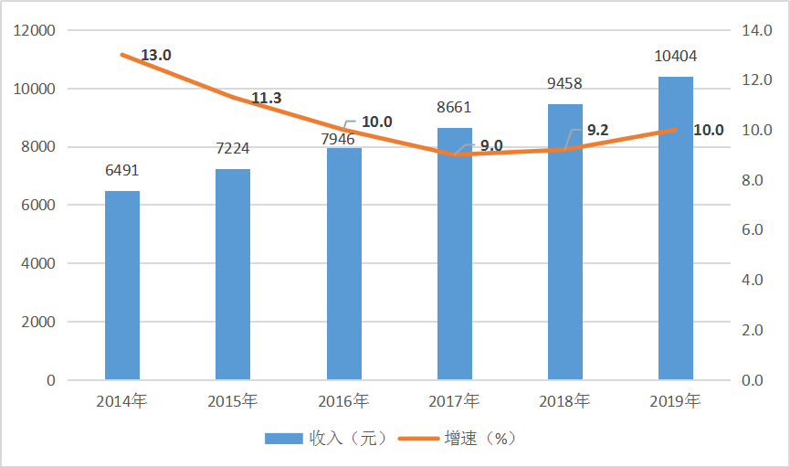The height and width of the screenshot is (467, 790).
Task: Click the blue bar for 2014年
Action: coord(122,285)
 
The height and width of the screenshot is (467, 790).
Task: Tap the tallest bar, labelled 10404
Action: coord(676,228)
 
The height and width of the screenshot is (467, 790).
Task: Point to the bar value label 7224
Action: coord(233,148)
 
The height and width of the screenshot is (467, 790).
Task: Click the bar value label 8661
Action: coord(454,108)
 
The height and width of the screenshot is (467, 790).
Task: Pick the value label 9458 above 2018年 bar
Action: coord(564,84)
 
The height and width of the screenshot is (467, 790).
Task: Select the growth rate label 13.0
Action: coord(156,56)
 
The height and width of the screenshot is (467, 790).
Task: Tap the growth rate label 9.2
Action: coord(597,131)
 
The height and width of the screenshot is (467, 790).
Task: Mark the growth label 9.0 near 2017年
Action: coord(491,145)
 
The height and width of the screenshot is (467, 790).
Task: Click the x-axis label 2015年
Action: coord(233,400)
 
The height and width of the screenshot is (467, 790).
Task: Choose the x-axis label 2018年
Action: coord(564,400)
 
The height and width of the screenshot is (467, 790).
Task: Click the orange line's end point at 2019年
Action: coord(676,130)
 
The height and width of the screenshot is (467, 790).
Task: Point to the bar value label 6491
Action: coord(122,171)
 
